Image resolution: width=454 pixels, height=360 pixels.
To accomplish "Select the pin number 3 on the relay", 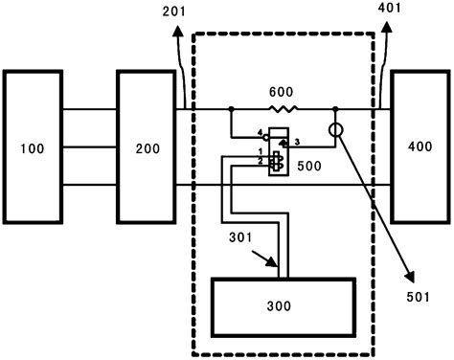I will tap(298, 143).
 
